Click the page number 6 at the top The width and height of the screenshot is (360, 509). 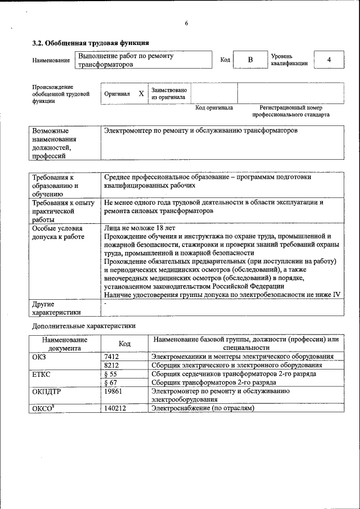tap(186, 23)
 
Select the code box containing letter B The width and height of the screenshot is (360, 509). tap(251, 60)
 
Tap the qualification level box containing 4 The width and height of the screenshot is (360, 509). tap(329, 60)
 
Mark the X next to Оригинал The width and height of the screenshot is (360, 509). tap(141, 93)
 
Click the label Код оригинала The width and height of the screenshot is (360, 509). tap(214, 107)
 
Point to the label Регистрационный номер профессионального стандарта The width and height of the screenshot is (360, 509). tap(291, 111)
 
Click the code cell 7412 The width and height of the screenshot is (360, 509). tap(112, 357)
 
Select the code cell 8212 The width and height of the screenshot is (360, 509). tap(112, 365)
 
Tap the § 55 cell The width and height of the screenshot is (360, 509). tap(111, 373)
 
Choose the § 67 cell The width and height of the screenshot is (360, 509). tap(111, 382)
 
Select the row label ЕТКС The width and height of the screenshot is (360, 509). tap(43, 373)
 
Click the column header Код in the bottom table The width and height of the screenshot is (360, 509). tap(125, 344)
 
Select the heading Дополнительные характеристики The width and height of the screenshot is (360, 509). tap(83, 326)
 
